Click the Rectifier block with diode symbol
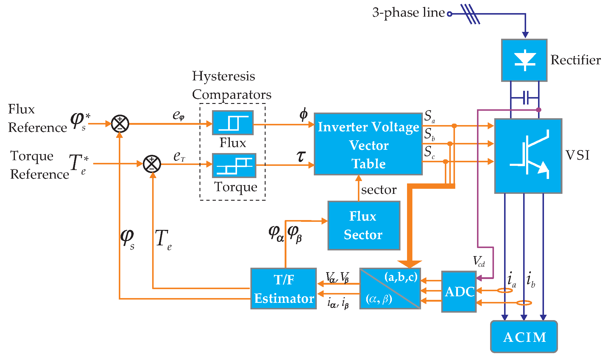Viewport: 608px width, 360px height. [x=524, y=60]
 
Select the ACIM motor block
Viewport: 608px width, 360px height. [x=524, y=337]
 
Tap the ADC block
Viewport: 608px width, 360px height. [x=459, y=292]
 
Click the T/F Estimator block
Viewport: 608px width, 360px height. [x=283, y=289]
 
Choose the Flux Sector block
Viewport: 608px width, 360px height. [x=364, y=225]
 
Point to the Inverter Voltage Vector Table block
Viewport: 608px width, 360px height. [x=368, y=144]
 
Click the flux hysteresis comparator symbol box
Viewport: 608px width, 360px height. [x=233, y=123]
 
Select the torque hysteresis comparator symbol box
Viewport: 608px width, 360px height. [x=234, y=166]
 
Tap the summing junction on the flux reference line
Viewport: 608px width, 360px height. [x=120, y=124]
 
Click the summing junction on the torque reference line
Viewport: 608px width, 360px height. [x=152, y=164]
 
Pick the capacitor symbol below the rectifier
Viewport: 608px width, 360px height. [x=526, y=97]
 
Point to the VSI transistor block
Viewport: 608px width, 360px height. [x=528, y=156]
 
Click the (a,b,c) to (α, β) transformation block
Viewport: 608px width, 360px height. [x=390, y=289]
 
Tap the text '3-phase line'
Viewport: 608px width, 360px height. [x=408, y=13]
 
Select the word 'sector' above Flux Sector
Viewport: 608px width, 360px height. [x=379, y=190]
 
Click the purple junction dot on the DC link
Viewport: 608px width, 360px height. [x=538, y=110]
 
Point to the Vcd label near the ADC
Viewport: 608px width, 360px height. [x=479, y=261]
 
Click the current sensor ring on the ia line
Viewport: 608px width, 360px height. [x=505, y=290]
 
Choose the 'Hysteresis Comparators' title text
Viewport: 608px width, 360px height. [x=231, y=85]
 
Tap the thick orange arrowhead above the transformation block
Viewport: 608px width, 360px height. [x=410, y=264]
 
